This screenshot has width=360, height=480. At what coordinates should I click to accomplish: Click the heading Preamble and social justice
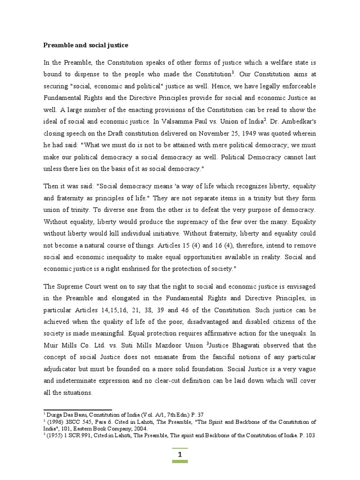86,45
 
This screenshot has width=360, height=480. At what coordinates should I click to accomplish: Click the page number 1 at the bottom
180,455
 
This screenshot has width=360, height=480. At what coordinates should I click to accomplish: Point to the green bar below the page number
180,462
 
